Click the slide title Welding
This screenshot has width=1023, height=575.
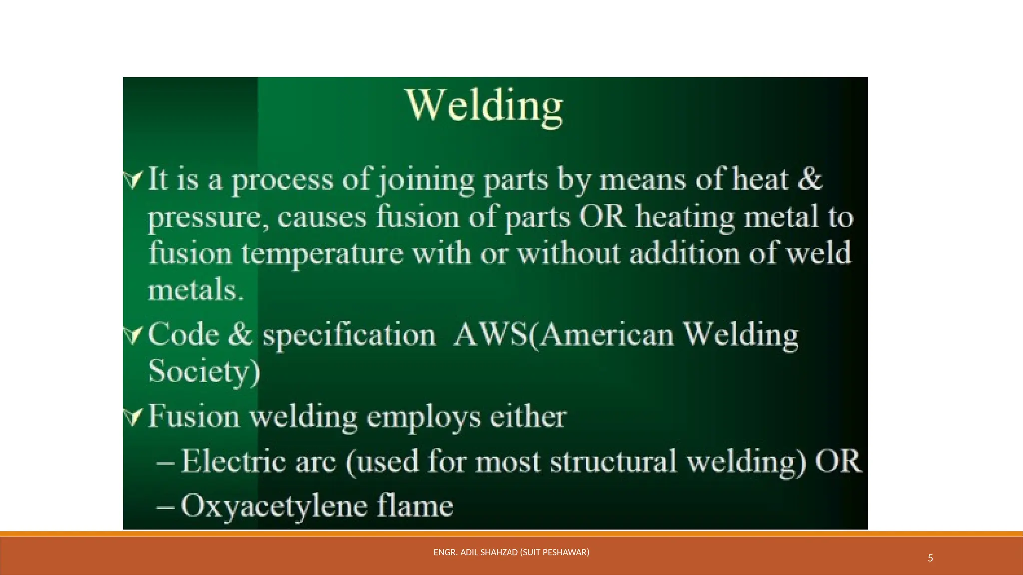click(x=485, y=106)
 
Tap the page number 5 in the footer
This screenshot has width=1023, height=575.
click(x=930, y=558)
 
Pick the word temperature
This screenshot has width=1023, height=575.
click(x=322, y=254)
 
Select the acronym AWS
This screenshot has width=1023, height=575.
click(x=491, y=334)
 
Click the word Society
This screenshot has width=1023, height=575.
click(x=204, y=371)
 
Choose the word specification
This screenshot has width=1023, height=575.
click(x=349, y=335)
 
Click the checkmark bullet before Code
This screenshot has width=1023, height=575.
click(x=133, y=335)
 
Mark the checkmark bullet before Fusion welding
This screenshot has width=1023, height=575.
click(x=133, y=417)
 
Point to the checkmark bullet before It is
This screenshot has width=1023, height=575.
click(x=133, y=180)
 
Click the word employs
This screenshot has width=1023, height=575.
click(x=424, y=418)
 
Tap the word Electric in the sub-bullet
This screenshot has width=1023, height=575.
click(x=233, y=461)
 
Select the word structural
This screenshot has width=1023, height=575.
click(x=613, y=461)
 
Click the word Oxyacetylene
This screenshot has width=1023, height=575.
click(x=273, y=506)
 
